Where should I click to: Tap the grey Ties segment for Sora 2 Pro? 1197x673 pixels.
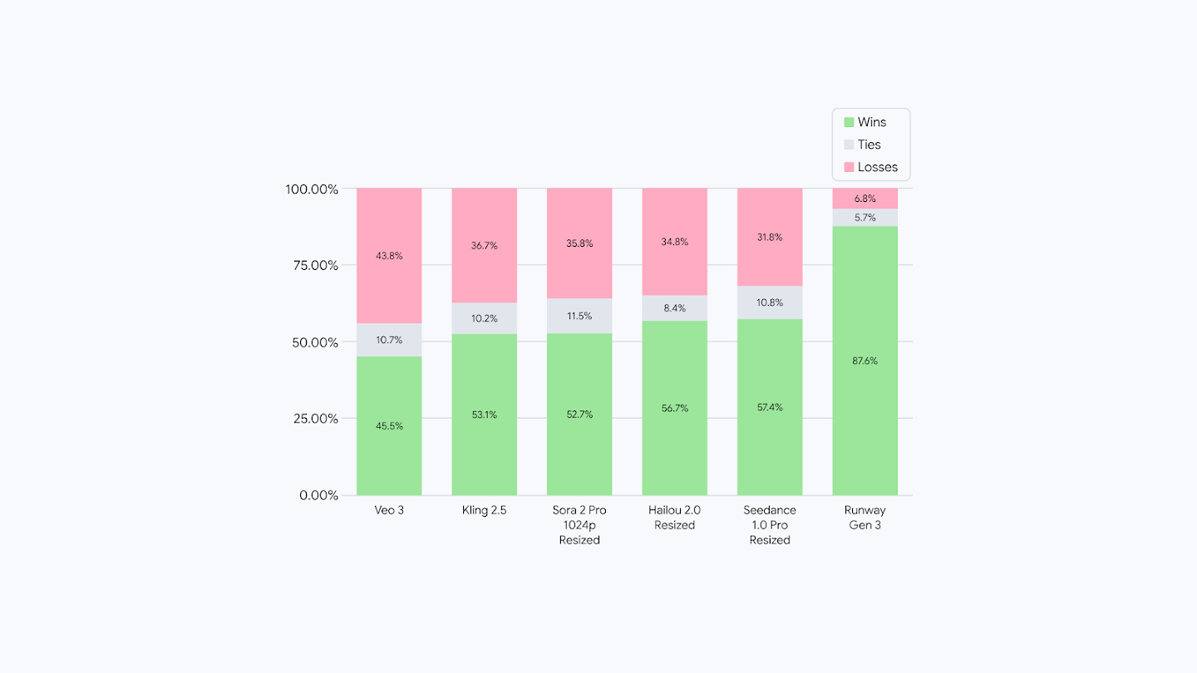pyautogui.click(x=579, y=316)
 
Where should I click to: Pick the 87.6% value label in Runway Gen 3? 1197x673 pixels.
pyautogui.click(x=864, y=361)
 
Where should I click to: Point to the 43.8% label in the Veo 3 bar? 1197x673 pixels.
pyautogui.click(x=389, y=256)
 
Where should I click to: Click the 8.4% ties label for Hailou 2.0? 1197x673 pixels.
pyautogui.click(x=674, y=308)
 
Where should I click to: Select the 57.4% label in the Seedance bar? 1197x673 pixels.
pyautogui.click(x=770, y=407)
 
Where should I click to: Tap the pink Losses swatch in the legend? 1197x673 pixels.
pyautogui.click(x=849, y=167)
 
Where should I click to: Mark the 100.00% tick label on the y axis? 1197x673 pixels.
pyautogui.click(x=312, y=189)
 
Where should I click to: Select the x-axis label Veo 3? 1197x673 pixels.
pyautogui.click(x=389, y=510)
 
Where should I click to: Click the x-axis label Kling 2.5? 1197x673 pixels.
pyautogui.click(x=484, y=510)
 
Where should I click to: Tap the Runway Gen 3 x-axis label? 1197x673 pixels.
pyautogui.click(x=864, y=518)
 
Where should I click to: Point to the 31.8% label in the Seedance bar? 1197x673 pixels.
pyautogui.click(x=770, y=237)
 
